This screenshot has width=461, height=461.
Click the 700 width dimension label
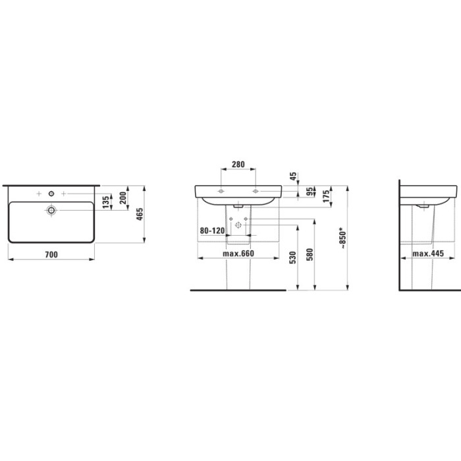tap(51, 255)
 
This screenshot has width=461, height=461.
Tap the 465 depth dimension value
tap(140, 214)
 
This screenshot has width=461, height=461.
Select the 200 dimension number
tap(123, 198)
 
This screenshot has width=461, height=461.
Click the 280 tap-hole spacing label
tap(238, 165)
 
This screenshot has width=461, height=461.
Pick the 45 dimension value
tap(294, 176)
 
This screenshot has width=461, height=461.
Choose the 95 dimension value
tap(310, 192)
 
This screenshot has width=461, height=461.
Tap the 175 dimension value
tap(327, 196)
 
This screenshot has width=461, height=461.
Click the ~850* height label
tap(343, 238)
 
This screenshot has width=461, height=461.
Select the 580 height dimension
tap(310, 255)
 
